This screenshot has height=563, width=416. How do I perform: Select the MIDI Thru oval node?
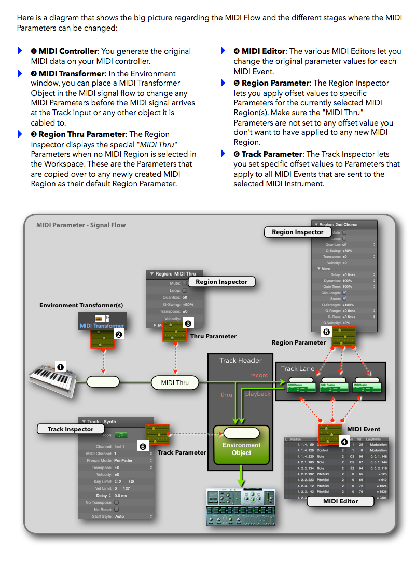tap(175, 383)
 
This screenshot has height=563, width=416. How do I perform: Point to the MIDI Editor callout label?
tap(340, 501)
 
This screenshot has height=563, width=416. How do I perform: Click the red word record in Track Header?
tap(259, 375)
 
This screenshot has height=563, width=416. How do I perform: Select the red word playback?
tap(258, 394)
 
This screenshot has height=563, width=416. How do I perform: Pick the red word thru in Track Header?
tap(227, 395)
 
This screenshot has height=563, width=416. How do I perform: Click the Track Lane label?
tap(298, 368)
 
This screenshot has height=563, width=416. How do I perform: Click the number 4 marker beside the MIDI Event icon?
tap(344, 442)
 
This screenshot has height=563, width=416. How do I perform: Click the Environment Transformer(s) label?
tap(81, 305)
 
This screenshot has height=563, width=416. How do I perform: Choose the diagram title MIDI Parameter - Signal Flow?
tap(81, 225)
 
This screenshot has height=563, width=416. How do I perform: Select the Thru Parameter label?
tap(213, 336)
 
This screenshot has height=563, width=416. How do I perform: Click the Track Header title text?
tap(241, 360)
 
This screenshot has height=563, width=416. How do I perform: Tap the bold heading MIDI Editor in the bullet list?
tap(264, 51)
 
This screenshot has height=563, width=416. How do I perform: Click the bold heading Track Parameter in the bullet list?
tap(272, 154)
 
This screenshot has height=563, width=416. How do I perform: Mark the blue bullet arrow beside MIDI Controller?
tap(20, 51)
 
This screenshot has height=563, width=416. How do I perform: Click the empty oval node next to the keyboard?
tap(103, 382)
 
